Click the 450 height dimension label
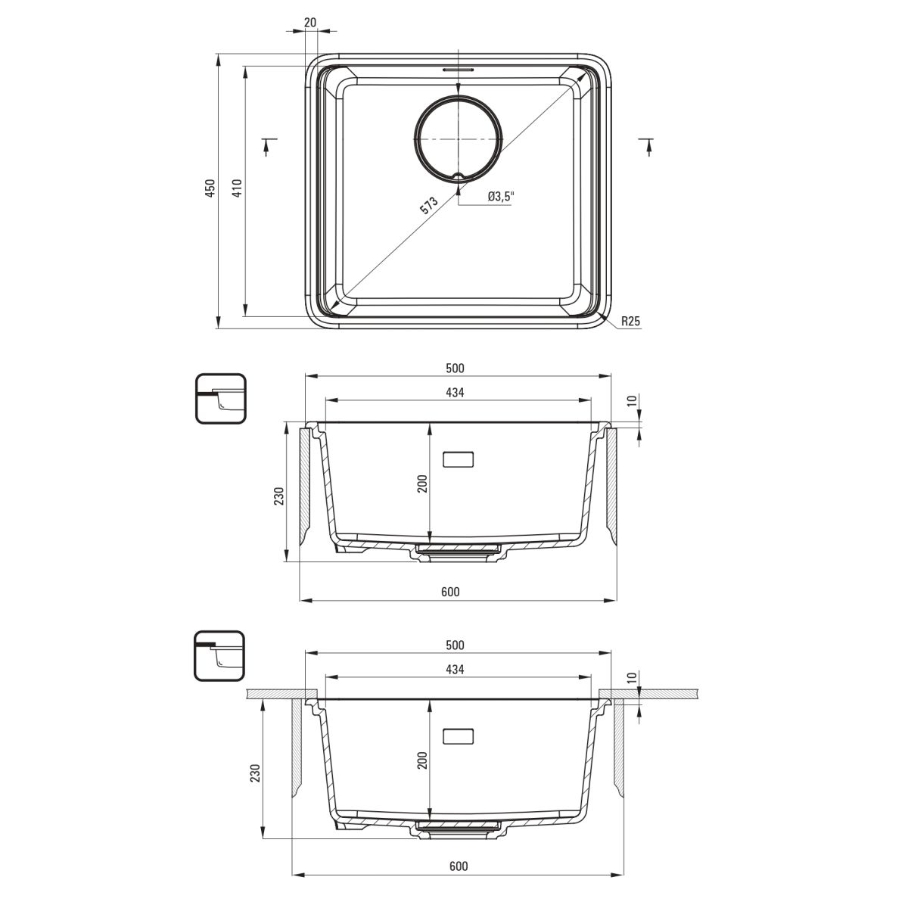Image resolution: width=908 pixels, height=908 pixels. pos(210,188)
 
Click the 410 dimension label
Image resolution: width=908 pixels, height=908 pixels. pos(237,188)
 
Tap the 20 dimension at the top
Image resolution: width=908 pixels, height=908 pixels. pos(310,22)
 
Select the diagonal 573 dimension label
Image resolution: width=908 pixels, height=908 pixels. pos(429,205)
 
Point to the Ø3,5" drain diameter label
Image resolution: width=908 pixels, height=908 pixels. pos(500,197)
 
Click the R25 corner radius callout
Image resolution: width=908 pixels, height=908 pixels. pos(630,322)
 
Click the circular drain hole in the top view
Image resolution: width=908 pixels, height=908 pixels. pos(459,139)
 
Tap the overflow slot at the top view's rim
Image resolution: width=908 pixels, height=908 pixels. pos(458,70)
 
